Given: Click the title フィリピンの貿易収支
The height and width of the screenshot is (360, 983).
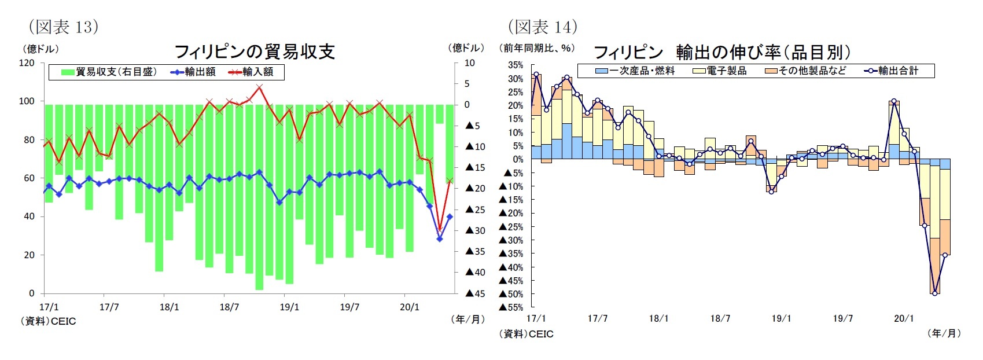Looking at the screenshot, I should point(255,52).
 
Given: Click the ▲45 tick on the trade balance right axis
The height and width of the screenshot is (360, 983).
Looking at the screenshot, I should point(475,293).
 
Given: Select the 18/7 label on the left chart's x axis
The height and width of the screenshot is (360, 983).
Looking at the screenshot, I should point(229,307).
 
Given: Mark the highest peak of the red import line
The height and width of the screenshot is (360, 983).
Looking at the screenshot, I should point(259,87).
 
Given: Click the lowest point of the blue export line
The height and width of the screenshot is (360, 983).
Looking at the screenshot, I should point(440,238).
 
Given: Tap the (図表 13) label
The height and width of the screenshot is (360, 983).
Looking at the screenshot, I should point(63,27).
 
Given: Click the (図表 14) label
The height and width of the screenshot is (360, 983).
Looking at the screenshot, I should point(542,27).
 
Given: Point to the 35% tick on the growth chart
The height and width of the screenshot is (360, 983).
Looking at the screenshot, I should point(516,65).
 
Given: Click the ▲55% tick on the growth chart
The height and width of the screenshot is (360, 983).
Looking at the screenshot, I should point(513,307).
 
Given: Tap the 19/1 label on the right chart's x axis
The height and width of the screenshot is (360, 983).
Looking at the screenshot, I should point(781,318).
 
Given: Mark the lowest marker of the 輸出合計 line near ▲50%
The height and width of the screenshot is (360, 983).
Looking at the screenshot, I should point(934,293).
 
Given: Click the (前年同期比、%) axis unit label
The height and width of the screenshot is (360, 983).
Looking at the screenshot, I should point(536,48).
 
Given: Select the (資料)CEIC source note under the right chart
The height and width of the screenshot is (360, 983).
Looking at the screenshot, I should point(526,334).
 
